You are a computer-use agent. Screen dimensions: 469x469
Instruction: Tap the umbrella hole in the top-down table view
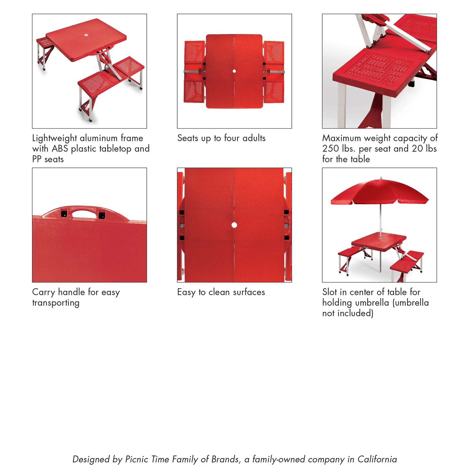(234, 71)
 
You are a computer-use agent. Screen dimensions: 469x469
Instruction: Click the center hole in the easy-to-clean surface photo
(234, 225)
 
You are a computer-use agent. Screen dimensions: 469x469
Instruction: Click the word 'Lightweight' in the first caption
(55, 138)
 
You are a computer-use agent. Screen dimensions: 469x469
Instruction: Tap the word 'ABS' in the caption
(60, 149)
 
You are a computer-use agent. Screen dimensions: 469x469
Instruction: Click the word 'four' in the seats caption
(232, 138)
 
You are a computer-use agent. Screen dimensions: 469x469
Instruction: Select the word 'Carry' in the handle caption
(43, 292)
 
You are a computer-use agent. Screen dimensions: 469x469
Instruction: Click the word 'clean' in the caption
(219, 292)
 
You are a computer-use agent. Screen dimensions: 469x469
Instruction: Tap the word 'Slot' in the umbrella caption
(329, 292)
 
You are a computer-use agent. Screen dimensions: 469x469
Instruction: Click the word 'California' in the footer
(377, 459)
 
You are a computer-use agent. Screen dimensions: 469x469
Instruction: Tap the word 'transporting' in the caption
(56, 303)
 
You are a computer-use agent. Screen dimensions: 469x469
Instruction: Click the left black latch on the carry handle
(64, 214)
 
